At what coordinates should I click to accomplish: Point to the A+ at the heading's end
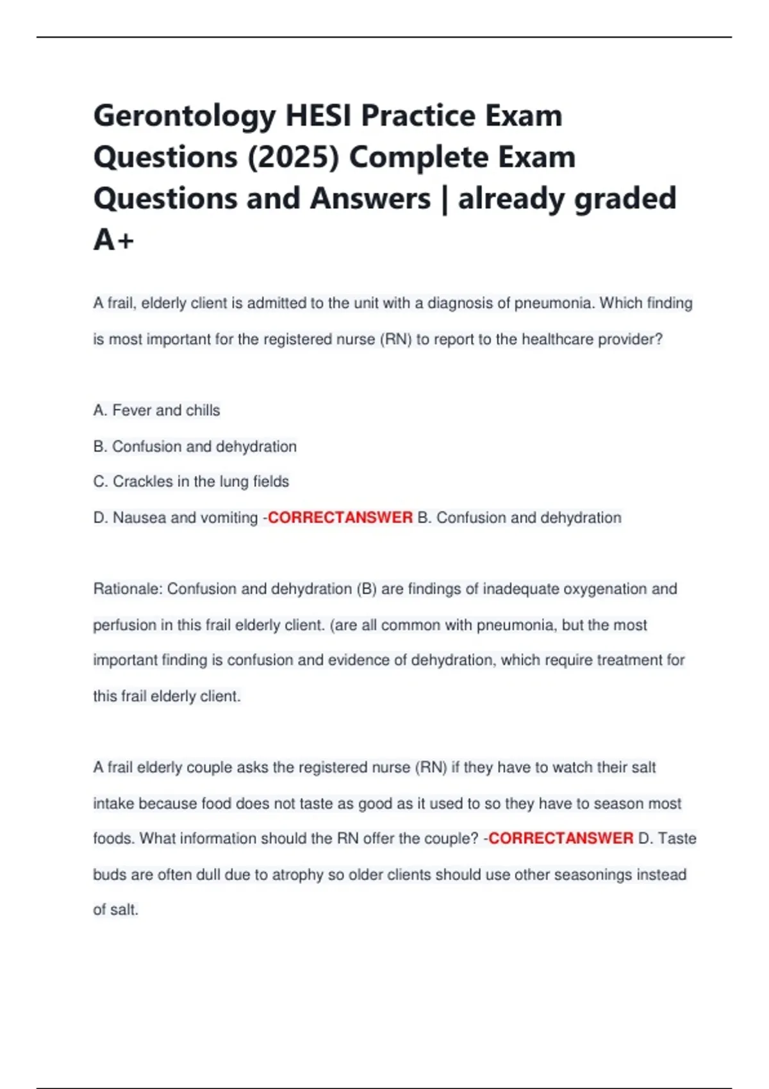(113, 240)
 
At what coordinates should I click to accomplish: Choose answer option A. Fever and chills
(156, 411)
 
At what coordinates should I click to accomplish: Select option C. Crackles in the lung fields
(191, 482)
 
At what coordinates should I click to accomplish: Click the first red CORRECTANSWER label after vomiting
(340, 518)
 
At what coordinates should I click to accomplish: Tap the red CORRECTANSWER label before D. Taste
(561, 839)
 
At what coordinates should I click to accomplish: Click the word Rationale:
(128, 589)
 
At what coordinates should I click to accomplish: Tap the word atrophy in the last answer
(298, 875)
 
